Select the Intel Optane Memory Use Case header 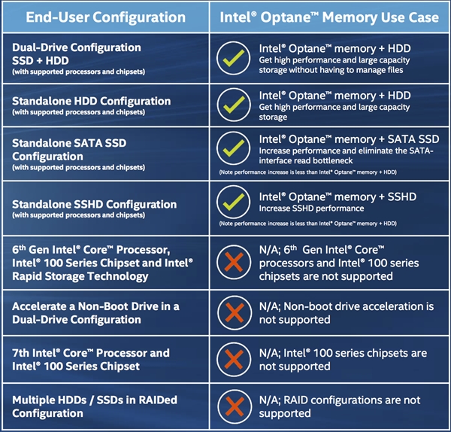coord(329,15)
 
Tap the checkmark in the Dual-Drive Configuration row coord(233,57)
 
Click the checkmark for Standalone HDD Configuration coord(233,107)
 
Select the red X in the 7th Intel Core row coord(233,360)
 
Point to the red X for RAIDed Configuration coord(233,406)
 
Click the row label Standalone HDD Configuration coord(91,102)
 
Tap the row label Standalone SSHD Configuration coord(95,204)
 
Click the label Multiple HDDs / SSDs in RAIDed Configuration coord(93,406)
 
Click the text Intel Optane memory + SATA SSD coord(349,139)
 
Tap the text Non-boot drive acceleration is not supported coord(347,313)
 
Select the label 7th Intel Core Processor coord(90,353)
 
